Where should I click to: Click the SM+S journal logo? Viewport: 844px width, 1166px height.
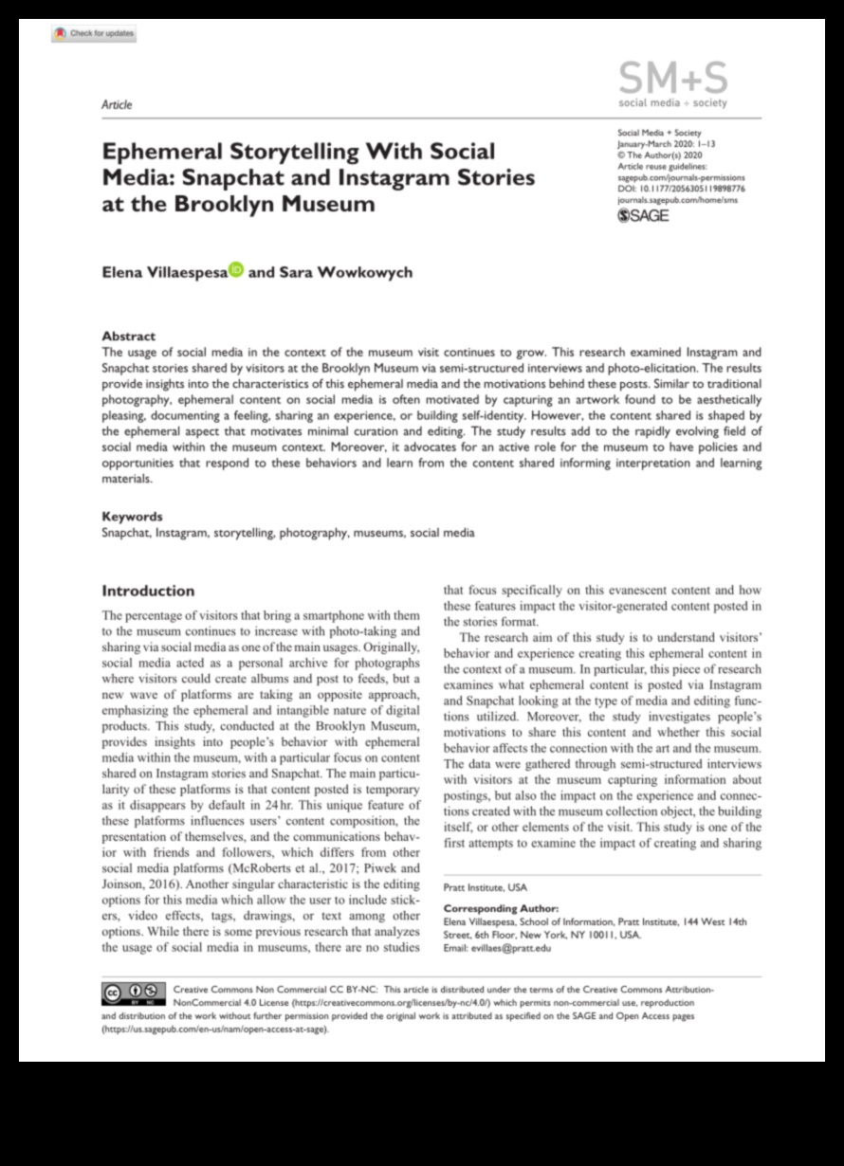coord(672,83)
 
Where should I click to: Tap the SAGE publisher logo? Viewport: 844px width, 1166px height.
coord(643,216)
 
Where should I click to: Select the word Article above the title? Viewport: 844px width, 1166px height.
coord(117,104)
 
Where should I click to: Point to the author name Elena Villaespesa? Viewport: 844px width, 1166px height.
coord(164,272)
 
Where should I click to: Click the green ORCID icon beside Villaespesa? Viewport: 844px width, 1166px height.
coord(236,270)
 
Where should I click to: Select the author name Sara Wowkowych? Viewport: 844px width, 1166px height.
coord(345,272)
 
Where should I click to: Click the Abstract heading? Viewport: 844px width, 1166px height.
coord(128,336)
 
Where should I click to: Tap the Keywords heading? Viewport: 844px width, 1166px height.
coord(132,517)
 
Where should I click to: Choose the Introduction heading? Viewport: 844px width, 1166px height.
coord(148,591)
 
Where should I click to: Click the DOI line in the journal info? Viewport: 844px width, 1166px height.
coord(680,189)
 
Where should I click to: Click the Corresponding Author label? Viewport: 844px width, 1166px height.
coord(501,908)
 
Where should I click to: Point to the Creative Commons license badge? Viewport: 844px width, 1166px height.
coord(133,993)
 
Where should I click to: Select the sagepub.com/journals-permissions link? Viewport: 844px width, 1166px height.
coord(681,177)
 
